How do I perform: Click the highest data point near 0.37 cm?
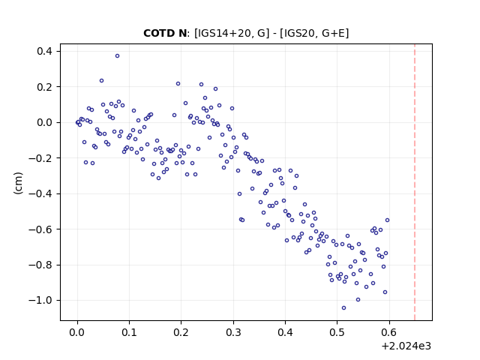coord(117,56)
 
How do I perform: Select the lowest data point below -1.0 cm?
coord(343,308)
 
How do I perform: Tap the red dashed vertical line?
coord(415,182)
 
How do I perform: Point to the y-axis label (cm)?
coord(18,183)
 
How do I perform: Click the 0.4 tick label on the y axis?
coord(45,51)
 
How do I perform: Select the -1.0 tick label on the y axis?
coord(40,300)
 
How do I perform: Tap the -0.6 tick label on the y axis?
coord(40,229)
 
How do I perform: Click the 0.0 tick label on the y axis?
coord(45,122)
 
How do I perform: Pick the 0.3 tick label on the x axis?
coord(233,332)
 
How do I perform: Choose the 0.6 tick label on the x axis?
coord(389,332)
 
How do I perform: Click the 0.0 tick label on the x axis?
coord(77,332)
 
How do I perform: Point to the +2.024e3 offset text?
coord(406,346)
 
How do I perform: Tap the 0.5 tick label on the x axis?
coord(337,332)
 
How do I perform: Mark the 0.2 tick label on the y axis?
coord(45,87)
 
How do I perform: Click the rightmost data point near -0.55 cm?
coord(387,220)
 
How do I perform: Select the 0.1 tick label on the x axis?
coord(129,332)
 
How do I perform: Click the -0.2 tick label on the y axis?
coord(40,158)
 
